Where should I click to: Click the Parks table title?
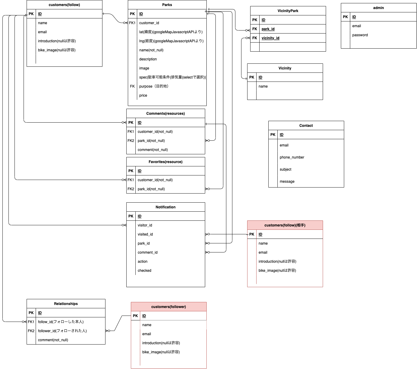click(167, 5)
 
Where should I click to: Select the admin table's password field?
click(360, 35)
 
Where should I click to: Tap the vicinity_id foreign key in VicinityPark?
click(270, 38)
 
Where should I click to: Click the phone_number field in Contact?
click(292, 157)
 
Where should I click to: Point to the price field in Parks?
click(143, 95)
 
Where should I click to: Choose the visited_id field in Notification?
click(145, 234)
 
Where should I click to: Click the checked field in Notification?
click(144, 271)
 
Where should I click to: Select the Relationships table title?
click(66, 304)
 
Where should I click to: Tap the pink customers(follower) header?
click(168, 307)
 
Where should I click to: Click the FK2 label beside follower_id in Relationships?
click(31, 331)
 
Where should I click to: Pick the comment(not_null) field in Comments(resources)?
click(153, 150)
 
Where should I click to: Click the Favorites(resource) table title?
click(165, 162)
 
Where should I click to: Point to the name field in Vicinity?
click(263, 86)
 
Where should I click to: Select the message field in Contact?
click(287, 181)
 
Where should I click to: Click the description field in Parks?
click(148, 59)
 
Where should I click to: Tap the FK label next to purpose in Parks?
click(132, 86)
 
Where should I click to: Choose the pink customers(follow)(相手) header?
click(285, 225)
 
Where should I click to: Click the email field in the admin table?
click(356, 26)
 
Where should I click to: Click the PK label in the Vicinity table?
click(252, 77)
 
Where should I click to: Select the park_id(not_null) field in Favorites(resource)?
click(151, 189)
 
